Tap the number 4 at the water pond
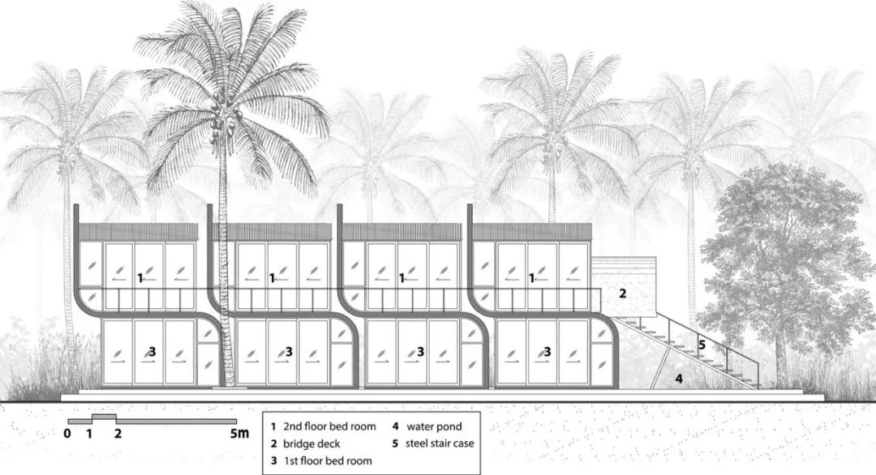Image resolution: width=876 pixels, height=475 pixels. coord(679,379)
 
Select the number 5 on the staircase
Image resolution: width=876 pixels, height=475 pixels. coord(702,344)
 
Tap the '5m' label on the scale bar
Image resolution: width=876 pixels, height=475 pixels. coord(238,434)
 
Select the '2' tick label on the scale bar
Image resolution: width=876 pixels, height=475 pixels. coord(118,434)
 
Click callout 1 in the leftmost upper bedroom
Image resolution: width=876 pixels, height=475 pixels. coord(140,278)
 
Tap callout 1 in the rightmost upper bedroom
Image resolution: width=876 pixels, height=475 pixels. coord(532,278)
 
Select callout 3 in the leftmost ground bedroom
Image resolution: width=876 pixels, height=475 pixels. coord(152,352)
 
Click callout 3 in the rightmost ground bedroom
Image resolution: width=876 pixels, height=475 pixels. coord(547,352)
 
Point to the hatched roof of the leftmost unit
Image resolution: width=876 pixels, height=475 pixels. coord(139,232)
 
